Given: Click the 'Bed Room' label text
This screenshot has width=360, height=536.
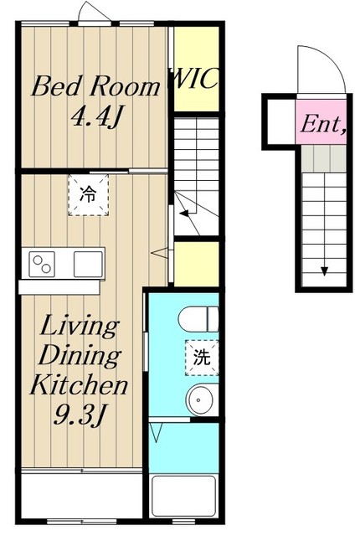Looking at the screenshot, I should point(95,86).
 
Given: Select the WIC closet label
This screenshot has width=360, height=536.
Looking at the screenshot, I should point(195,81).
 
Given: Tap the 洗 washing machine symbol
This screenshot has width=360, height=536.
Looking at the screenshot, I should point(202,356).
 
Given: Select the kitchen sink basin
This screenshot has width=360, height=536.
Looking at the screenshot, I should point(88,263).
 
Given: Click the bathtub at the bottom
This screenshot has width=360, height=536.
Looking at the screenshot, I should point(184,496).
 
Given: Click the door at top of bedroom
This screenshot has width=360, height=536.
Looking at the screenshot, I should point(91,14).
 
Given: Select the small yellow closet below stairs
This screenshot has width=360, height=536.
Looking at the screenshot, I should point(196,262).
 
